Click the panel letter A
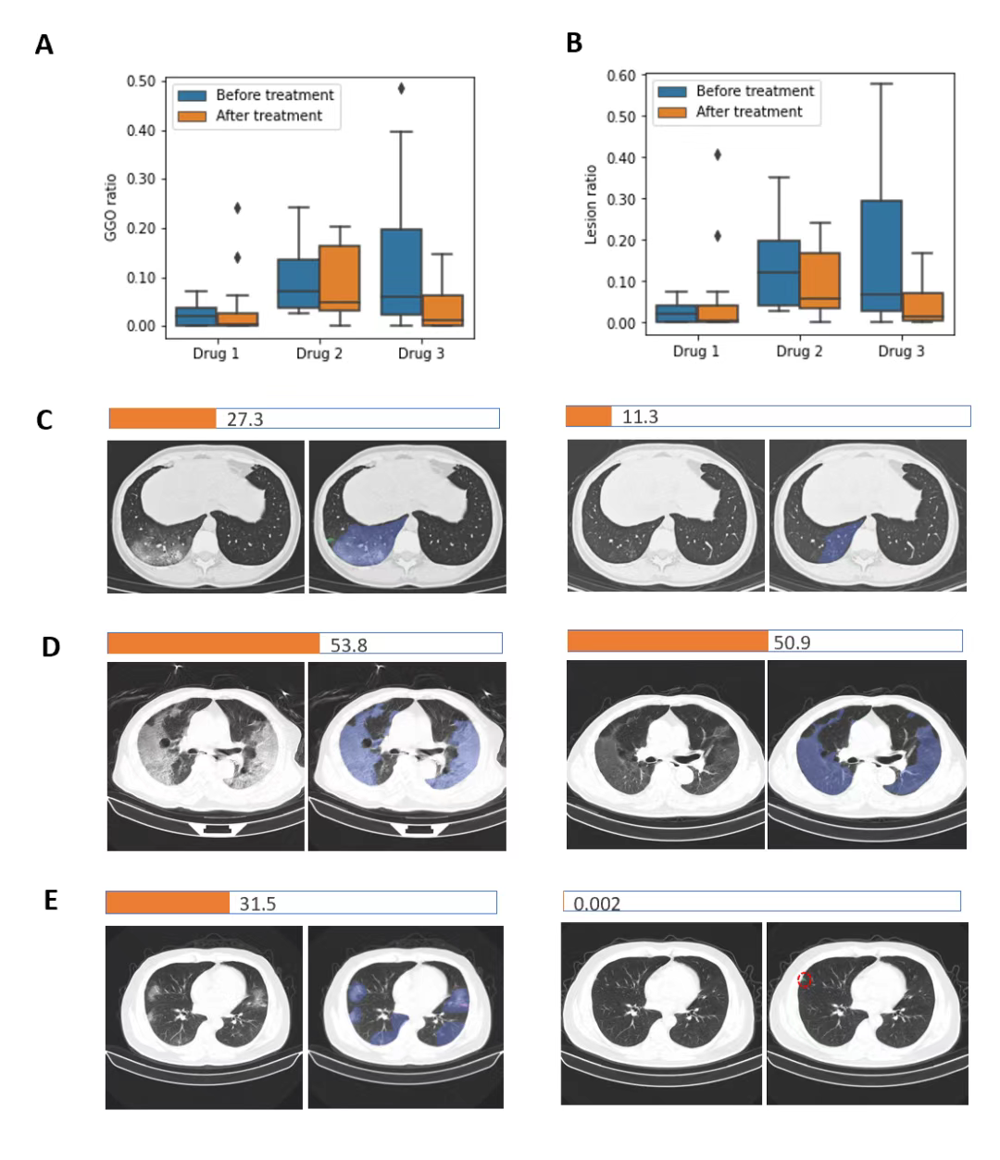point(44,44)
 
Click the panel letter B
point(574,43)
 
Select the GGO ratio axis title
point(111,206)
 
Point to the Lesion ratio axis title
point(591,205)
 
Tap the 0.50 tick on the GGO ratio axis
point(141,81)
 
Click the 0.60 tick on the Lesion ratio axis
point(621,76)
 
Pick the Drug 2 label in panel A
point(319,354)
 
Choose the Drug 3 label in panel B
point(901,351)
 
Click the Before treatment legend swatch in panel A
point(192,95)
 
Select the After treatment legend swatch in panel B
point(672,112)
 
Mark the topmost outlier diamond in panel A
point(402,89)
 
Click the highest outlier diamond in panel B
point(718,155)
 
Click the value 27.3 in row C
point(245,419)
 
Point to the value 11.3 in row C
point(640,418)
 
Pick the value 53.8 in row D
point(349,645)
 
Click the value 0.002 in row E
point(597,904)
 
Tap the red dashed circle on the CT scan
point(805,979)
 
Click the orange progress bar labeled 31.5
point(168,903)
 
